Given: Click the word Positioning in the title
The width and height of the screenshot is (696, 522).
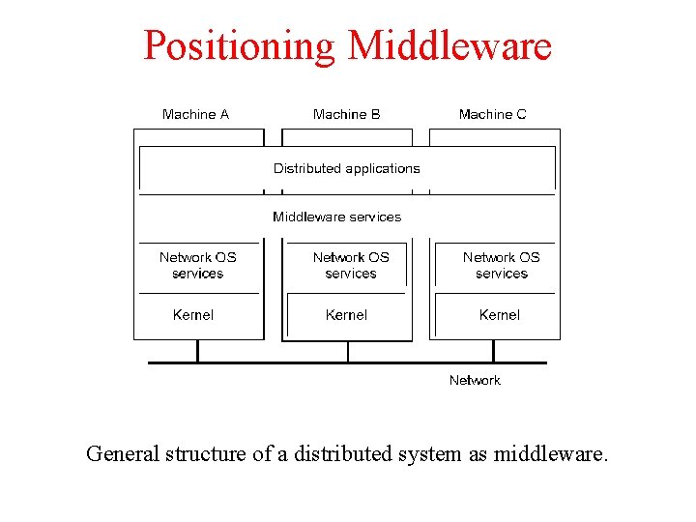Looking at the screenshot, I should click(240, 45).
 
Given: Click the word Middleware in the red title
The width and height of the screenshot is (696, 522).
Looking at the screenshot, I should click(449, 45).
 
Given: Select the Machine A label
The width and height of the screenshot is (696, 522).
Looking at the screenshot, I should click(195, 114).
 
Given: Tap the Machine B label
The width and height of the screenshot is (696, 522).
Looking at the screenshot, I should click(346, 114).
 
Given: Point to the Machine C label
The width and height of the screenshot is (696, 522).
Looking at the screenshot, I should click(492, 114).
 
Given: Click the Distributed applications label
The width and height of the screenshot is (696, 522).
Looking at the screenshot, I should click(346, 168).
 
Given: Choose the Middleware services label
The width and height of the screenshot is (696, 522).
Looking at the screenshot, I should click(336, 217).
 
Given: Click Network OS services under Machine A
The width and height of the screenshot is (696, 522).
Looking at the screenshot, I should click(197, 265).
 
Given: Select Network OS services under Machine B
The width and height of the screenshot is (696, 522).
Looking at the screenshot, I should click(351, 265).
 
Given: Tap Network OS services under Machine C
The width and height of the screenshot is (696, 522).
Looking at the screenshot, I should click(501, 265).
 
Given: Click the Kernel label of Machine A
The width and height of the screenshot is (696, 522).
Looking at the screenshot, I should click(193, 315).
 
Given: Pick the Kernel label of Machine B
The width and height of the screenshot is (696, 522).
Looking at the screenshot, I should click(346, 315).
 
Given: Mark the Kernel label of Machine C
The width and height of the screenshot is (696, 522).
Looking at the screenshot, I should click(500, 315).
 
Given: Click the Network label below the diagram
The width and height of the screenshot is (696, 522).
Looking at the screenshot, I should click(475, 380).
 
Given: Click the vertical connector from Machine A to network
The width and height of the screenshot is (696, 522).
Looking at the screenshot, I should click(197, 351).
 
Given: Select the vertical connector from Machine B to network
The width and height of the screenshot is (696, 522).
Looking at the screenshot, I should click(348, 351).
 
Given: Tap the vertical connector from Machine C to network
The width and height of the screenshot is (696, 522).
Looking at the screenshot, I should click(497, 351).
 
